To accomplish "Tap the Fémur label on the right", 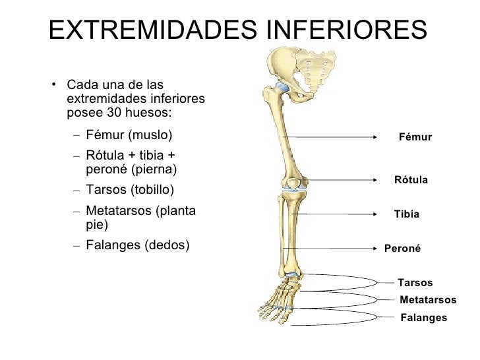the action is [415, 137].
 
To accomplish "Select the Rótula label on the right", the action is [411, 180].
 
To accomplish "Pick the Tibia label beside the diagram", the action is [406, 214].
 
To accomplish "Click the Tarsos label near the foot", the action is [415, 283].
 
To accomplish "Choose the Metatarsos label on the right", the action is [428, 299].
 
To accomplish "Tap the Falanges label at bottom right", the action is [423, 317].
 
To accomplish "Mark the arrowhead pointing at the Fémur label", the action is [373, 137].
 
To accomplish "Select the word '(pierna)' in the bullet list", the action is [154, 169].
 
